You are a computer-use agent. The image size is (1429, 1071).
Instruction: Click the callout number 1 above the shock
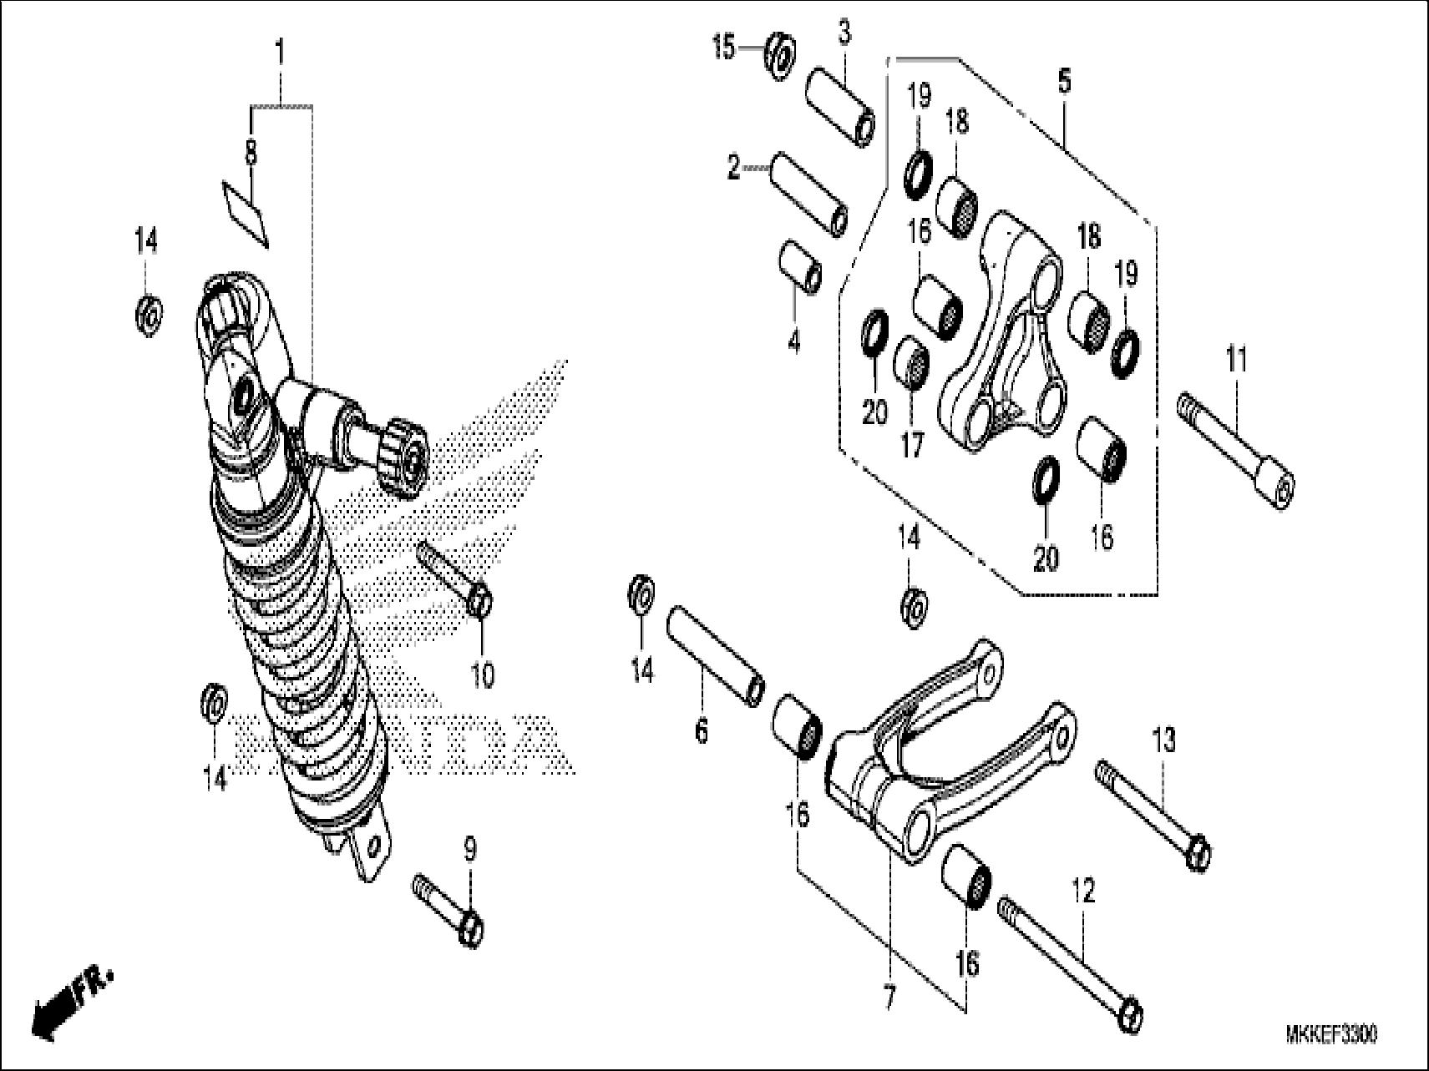click(x=280, y=53)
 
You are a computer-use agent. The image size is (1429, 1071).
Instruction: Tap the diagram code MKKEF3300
click(x=1331, y=1034)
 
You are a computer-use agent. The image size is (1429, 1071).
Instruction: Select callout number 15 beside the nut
click(x=724, y=48)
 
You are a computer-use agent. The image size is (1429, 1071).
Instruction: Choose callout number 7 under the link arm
click(x=889, y=997)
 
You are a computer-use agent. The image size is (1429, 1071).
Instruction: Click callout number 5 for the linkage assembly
click(x=1063, y=83)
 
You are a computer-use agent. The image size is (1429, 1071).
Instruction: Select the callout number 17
click(x=912, y=445)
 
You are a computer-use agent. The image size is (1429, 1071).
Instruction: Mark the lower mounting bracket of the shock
click(x=367, y=846)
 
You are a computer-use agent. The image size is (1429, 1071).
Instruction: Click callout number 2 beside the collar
click(x=733, y=169)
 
